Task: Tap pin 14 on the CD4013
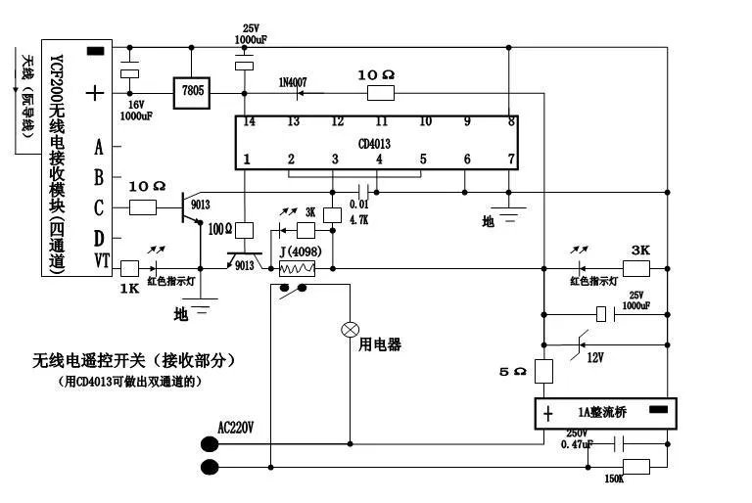(x=249, y=122)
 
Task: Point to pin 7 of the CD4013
(x=509, y=160)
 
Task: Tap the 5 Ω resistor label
(x=514, y=372)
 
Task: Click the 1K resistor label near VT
(x=129, y=290)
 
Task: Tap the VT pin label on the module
(x=100, y=259)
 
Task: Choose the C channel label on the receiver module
(x=99, y=206)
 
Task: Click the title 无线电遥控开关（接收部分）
(x=135, y=361)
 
